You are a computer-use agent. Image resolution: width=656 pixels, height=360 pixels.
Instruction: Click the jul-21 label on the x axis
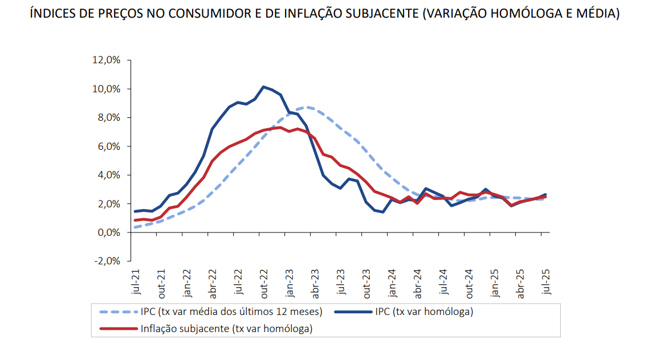[136, 282]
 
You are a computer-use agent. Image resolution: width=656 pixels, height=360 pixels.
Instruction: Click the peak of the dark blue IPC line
[263, 87]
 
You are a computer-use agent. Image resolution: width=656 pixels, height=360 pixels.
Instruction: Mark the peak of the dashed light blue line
[307, 107]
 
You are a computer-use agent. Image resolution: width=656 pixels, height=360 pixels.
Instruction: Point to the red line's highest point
[279, 127]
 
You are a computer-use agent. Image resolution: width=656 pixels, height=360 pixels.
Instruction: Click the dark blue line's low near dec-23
[383, 212]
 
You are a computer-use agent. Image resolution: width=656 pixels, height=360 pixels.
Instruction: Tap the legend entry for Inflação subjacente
[226, 329]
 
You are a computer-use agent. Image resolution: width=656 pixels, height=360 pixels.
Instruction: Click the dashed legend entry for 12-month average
[231, 312]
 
